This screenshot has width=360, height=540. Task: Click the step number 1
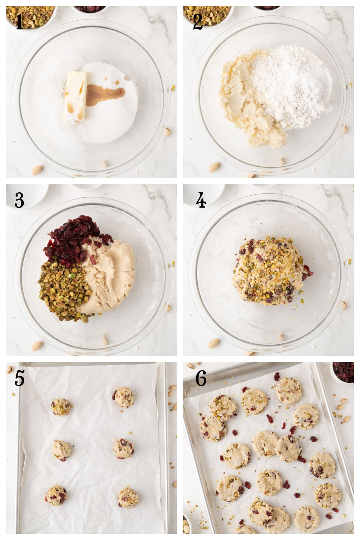[x=19, y=22]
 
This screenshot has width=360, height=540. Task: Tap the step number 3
[x=19, y=200]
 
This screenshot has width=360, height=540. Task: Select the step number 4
[x=201, y=200]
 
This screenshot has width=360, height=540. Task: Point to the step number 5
[x=19, y=379]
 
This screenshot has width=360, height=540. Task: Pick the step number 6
[x=201, y=379]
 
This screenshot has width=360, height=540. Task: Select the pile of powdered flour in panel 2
[x=291, y=87]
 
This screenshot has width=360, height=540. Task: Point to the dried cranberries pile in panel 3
[x=73, y=240]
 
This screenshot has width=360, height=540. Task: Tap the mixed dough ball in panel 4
[x=270, y=270]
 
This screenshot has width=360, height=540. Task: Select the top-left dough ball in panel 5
[x=61, y=407]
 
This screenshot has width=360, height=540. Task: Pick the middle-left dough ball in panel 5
[x=62, y=450]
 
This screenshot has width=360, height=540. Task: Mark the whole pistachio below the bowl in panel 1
[x=37, y=170]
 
